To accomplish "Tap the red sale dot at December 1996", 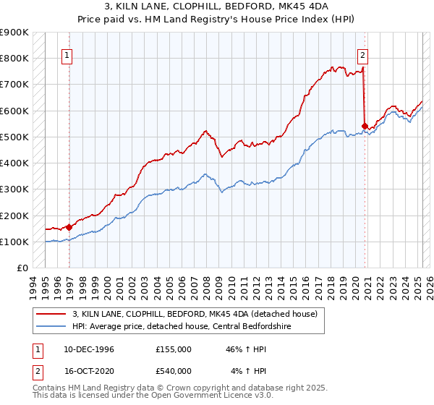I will pyautogui.click(x=69, y=227).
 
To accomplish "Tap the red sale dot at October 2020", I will pyautogui.click(x=365, y=125).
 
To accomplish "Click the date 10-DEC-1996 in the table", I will pyautogui.click(x=89, y=350).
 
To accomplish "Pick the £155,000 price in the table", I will pyautogui.click(x=174, y=350).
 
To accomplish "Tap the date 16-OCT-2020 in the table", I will pyautogui.click(x=89, y=371).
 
